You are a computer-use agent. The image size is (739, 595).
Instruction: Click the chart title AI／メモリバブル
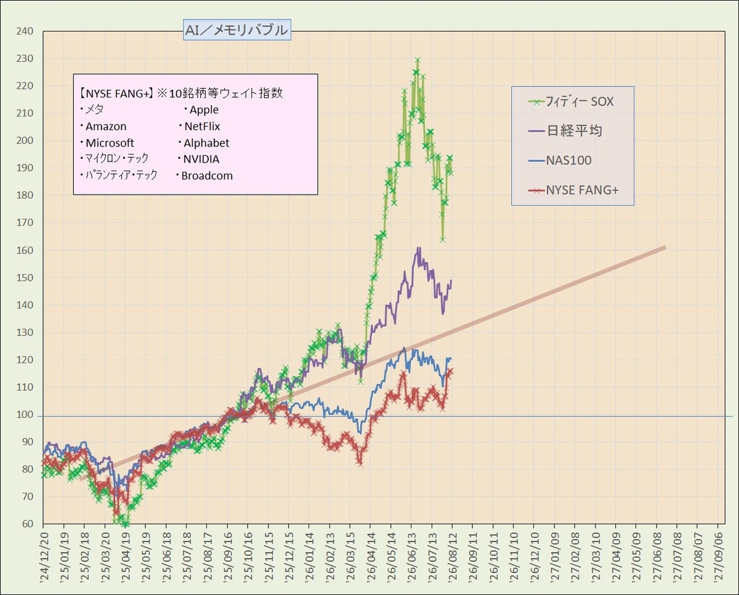click(x=236, y=30)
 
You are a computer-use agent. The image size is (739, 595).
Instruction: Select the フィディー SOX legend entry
click(x=571, y=102)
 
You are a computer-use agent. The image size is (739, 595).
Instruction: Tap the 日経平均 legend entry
click(x=565, y=131)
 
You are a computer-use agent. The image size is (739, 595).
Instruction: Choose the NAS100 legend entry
click(x=560, y=160)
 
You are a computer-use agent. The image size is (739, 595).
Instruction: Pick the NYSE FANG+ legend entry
click(x=573, y=190)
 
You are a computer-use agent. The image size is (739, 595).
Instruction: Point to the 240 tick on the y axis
click(x=25, y=31)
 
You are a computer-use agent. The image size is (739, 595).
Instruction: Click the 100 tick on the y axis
click(x=25, y=415)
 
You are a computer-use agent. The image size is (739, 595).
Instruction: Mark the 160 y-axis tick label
click(x=25, y=251)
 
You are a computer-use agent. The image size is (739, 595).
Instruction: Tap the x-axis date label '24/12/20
click(x=44, y=559)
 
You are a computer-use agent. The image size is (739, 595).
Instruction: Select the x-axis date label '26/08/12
click(x=452, y=559)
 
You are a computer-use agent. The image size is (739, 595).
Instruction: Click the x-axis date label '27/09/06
click(x=717, y=559)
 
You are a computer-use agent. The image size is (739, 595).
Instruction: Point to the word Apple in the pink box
click(x=204, y=110)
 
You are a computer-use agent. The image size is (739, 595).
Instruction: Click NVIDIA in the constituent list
click(x=201, y=159)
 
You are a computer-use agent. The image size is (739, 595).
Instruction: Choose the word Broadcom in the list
click(x=207, y=176)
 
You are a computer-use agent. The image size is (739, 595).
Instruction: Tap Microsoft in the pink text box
click(x=110, y=143)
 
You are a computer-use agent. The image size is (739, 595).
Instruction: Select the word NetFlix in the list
click(x=202, y=126)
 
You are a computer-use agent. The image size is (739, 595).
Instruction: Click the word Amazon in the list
click(x=106, y=126)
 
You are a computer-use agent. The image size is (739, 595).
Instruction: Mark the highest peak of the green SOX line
click(x=418, y=60)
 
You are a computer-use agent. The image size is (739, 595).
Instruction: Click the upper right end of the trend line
click(x=666, y=248)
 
